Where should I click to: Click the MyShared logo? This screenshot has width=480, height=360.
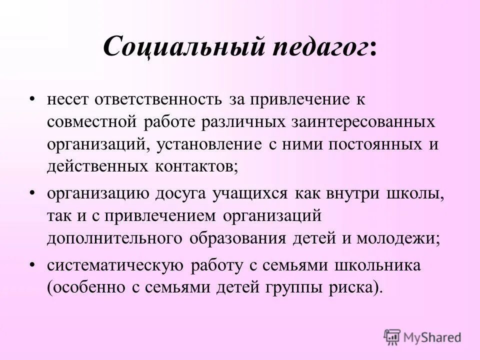tap(423, 337)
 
